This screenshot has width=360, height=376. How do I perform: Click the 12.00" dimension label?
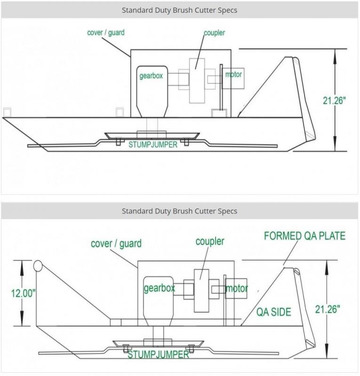24,293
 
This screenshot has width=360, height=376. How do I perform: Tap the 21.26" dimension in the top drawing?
334,101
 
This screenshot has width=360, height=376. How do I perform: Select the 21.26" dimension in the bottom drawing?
328,309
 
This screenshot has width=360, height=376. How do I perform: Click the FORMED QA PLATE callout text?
304,236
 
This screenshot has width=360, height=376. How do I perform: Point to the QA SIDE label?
274,312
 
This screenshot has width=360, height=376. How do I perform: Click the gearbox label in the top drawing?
151,76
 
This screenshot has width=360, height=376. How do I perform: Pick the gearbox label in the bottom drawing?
159,288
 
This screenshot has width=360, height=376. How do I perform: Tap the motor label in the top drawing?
233,74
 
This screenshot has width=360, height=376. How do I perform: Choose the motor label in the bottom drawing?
237,288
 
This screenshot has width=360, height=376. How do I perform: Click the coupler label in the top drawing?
215,33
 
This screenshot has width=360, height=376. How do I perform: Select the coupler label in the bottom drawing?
210,242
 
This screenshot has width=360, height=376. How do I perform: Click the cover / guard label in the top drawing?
106,32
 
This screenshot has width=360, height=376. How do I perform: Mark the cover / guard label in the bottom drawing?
116,243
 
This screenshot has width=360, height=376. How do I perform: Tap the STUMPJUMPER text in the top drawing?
153,145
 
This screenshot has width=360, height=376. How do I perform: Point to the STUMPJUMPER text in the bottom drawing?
158,354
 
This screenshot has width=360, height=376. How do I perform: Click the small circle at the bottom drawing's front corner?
38,266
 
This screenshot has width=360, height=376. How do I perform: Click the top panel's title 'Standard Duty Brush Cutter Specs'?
179,10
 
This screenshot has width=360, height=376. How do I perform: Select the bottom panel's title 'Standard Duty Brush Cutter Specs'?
179,211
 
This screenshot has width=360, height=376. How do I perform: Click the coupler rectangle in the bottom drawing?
201,290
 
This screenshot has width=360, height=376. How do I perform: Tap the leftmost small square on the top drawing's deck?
7,112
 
